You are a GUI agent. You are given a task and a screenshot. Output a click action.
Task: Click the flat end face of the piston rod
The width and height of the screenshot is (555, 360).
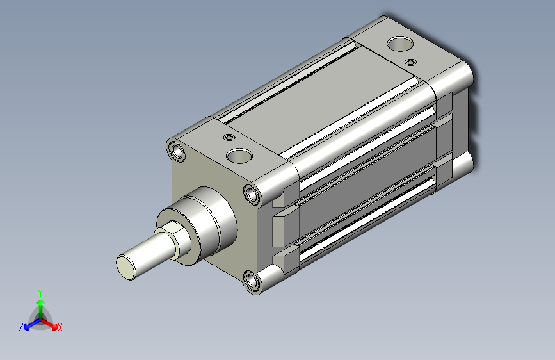click(x=126, y=267)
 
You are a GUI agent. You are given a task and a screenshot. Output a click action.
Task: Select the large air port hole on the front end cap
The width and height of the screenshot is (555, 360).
click(x=239, y=156)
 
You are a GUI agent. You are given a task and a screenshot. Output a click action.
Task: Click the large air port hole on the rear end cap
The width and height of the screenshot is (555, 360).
click(x=400, y=44)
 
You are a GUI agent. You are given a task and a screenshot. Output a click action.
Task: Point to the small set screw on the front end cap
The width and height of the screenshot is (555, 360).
click(x=229, y=137)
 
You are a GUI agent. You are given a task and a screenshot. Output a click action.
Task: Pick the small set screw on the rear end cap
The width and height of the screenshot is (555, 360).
click(x=410, y=62)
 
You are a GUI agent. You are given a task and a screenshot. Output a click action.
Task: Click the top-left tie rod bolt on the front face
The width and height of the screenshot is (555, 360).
click(x=176, y=151)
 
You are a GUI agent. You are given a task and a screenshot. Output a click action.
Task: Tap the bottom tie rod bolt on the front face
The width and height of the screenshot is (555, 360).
click(x=252, y=282)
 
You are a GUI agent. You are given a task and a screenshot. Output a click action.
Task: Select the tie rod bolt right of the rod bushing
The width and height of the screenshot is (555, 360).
click(x=252, y=194)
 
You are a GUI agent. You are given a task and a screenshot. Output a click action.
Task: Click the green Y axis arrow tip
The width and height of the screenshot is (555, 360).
click(x=40, y=302)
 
